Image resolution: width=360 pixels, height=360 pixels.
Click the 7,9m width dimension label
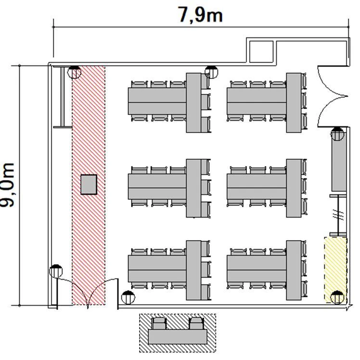200,15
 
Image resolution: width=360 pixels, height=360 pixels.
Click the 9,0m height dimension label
7,185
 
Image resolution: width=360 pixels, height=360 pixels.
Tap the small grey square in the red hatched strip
89,185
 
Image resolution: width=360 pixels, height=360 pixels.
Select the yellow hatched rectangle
335,270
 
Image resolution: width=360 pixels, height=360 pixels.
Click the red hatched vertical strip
89,185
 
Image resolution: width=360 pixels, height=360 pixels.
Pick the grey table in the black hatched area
178,336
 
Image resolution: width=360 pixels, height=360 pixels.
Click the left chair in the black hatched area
159,323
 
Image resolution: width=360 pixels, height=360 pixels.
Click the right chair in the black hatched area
196,323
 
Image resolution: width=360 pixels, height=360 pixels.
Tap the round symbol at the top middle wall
211,72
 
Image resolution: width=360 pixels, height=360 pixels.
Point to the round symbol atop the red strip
74,72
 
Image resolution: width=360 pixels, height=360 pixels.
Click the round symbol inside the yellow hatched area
337,297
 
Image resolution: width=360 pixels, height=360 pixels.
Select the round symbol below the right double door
337,134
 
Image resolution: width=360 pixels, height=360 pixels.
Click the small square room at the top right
261,51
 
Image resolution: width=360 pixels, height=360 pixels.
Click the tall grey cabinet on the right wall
339,165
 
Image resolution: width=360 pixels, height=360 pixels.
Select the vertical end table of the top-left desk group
193,103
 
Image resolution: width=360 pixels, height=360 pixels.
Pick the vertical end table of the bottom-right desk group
294,270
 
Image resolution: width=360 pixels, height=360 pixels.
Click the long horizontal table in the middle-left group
157,186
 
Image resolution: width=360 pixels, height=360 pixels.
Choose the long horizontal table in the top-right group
257,101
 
